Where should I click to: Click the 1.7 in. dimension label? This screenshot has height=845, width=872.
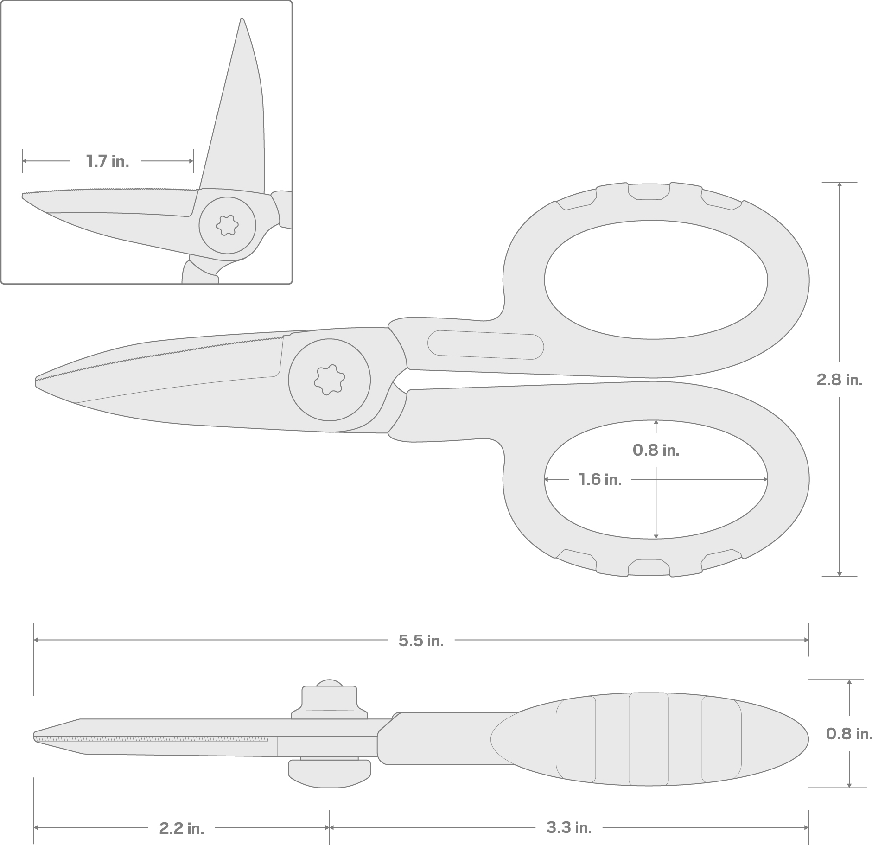pyautogui.click(x=107, y=161)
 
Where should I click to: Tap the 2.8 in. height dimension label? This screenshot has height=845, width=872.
pyautogui.click(x=839, y=380)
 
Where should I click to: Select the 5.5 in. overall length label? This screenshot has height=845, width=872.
pyautogui.click(x=421, y=641)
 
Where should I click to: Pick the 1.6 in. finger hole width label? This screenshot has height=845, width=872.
pyautogui.click(x=600, y=479)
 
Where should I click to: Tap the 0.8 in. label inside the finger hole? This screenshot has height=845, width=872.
pyautogui.click(x=656, y=450)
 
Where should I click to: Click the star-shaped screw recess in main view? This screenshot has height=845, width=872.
pyautogui.click(x=329, y=380)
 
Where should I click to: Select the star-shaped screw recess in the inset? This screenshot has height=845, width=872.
pyautogui.click(x=227, y=225)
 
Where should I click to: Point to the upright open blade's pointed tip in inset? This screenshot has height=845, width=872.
pyautogui.click(x=242, y=20)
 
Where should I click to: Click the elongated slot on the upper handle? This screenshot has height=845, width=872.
pyautogui.click(x=485, y=345)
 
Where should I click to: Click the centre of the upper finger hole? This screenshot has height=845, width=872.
pyautogui.click(x=656, y=280)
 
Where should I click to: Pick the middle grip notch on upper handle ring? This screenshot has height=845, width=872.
pyautogui.click(x=649, y=191)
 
